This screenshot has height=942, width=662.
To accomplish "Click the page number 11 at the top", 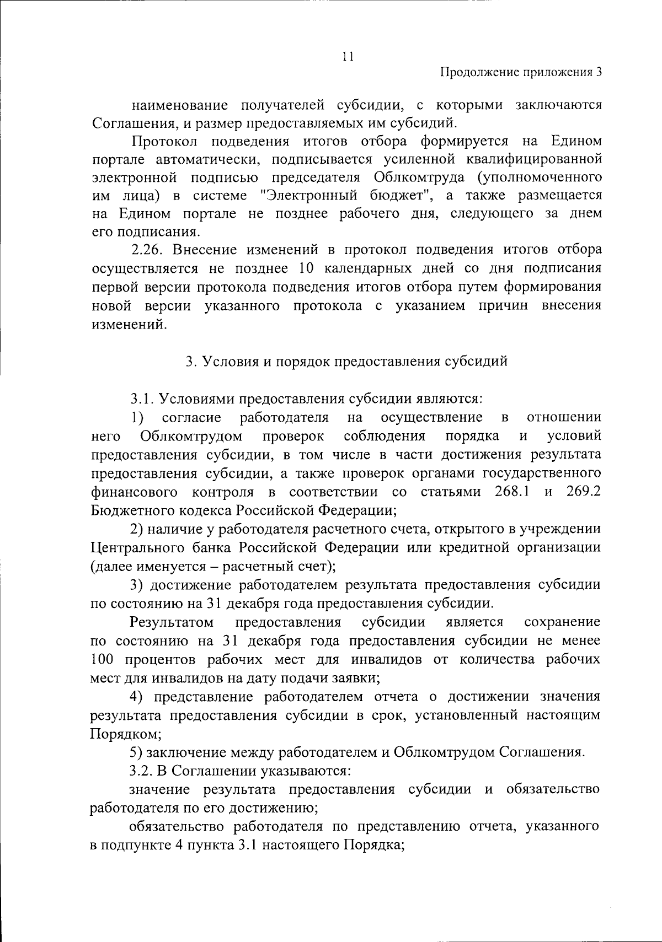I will (x=348, y=57).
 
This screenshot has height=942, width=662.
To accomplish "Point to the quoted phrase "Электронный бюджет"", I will (x=345, y=195).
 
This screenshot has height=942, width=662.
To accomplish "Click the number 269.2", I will (x=583, y=491).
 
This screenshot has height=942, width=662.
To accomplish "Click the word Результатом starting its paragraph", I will (x=172, y=622).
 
